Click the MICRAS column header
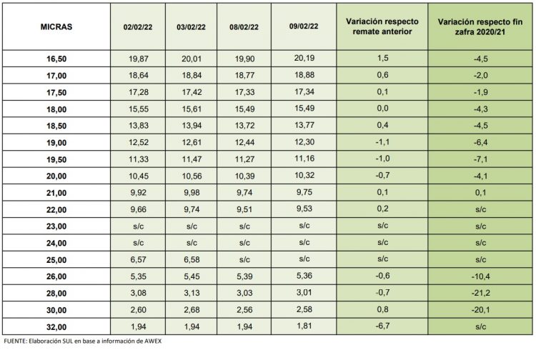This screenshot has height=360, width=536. point(56,27)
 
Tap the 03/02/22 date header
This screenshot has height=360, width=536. point(191,27)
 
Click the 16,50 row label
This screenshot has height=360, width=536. point(57,61)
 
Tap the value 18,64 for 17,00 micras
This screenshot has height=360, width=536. point(139,78)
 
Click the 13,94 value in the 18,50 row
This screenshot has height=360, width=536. point(191,127)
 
